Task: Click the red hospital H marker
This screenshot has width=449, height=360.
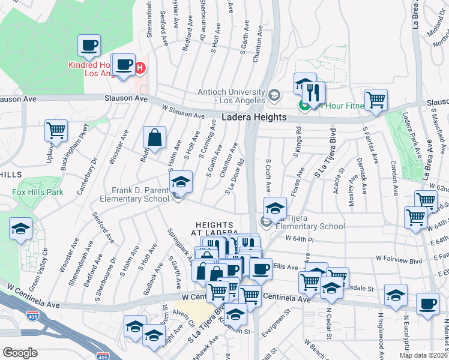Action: tap(140, 67)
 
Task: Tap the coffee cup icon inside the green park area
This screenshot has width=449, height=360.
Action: tap(89, 45)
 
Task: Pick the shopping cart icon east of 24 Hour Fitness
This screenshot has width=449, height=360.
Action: tap(376, 100)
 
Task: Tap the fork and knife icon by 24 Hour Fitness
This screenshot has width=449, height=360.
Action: tap(313, 93)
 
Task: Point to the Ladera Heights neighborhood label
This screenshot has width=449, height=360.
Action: tap(254, 118)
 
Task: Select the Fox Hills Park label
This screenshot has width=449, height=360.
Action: tap(38, 193)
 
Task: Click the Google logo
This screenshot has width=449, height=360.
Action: tap(20, 353)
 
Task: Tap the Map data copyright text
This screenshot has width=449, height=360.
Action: tap(423, 355)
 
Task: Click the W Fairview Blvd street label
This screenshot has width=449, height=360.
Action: tap(399, 259)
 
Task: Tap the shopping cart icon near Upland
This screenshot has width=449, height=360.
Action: tap(56, 130)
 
